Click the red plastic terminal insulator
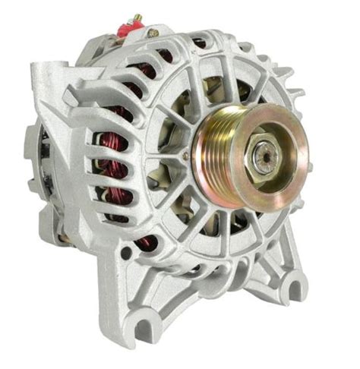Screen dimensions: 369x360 pyautogui.click(x=130, y=28)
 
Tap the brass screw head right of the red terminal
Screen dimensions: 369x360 pyautogui.click(x=153, y=33)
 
